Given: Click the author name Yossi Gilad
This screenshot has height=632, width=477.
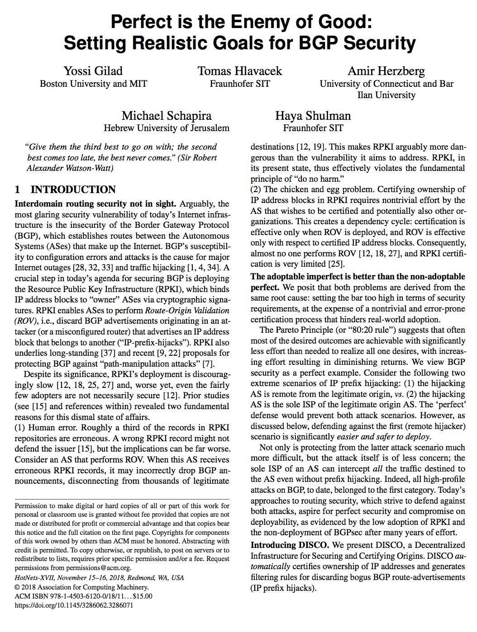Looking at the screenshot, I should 93,71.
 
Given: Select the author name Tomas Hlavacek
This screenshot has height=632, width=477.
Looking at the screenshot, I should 239,71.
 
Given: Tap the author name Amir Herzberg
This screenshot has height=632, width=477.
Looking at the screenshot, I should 386,71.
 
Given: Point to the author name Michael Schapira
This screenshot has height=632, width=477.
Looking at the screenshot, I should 166,116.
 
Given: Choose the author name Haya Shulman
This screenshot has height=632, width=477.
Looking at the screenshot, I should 313,116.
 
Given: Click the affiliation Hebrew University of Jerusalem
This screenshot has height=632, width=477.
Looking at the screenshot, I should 166,128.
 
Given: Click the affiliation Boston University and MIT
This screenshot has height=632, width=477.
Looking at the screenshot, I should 93,84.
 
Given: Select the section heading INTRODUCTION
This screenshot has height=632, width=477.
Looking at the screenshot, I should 73,189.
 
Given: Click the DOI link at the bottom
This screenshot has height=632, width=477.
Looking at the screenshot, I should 74,605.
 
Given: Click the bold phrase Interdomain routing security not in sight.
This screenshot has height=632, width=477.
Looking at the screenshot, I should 94,204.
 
